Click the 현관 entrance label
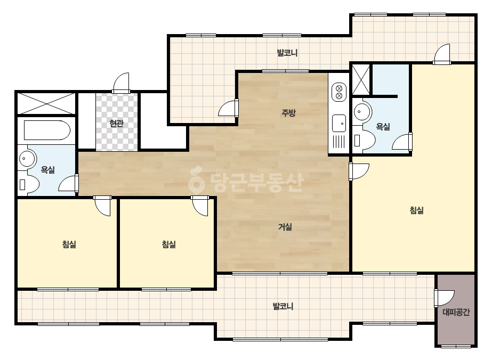click(x=116, y=123)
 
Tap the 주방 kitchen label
click(x=288, y=112)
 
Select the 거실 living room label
click(x=285, y=226)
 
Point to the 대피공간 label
click(x=456, y=312)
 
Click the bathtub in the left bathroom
click(x=47, y=130)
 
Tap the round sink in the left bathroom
click(x=27, y=158)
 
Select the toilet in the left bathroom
click(x=29, y=184)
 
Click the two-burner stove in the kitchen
click(x=339, y=92)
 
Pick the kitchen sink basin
click(x=339, y=123)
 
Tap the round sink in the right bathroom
click(x=362, y=111)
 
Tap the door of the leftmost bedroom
click(x=102, y=206)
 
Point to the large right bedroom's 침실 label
click(x=417, y=210)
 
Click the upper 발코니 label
click(x=287, y=52)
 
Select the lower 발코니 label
click(x=283, y=306)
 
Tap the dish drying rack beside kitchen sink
click(x=339, y=141)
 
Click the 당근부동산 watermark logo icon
click(x=196, y=179)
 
